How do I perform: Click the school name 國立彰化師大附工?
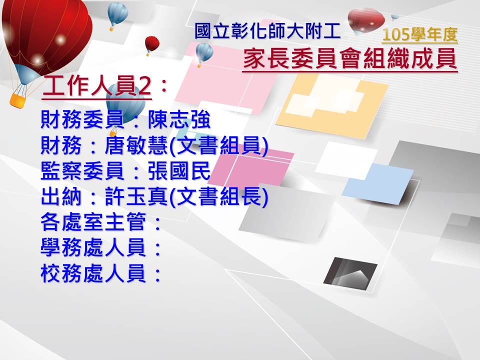(267, 31)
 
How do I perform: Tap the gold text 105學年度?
(419, 34)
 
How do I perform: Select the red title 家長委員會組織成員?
(350, 59)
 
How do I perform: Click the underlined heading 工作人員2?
(97, 85)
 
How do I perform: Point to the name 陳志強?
(179, 119)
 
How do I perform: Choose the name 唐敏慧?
(136, 145)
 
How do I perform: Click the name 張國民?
(179, 170)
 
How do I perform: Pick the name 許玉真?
(136, 196)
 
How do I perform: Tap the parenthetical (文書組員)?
(218, 145)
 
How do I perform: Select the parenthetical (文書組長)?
(218, 196)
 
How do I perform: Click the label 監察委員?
(82, 170)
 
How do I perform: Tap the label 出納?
(61, 196)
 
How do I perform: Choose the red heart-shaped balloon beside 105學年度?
(366, 21)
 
